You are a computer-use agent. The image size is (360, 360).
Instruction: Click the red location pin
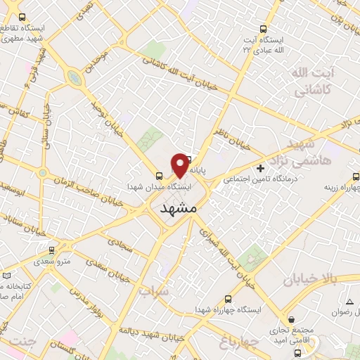(x=180, y=164)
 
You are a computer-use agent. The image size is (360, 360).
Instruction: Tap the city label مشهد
(x=176, y=209)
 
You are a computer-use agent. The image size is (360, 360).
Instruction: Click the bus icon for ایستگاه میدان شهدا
(x=158, y=177)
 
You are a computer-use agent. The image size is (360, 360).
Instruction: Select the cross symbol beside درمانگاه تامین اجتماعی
(x=261, y=168)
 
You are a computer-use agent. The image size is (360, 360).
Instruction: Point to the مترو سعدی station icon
(x=51, y=250)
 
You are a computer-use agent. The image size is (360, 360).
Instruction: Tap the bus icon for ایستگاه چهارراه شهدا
(x=225, y=297)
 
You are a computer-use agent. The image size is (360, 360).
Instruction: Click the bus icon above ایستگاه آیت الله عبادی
(x=263, y=30)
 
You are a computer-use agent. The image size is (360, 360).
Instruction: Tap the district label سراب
(x=154, y=289)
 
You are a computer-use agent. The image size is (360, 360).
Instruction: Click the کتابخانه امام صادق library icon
(x=6, y=276)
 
